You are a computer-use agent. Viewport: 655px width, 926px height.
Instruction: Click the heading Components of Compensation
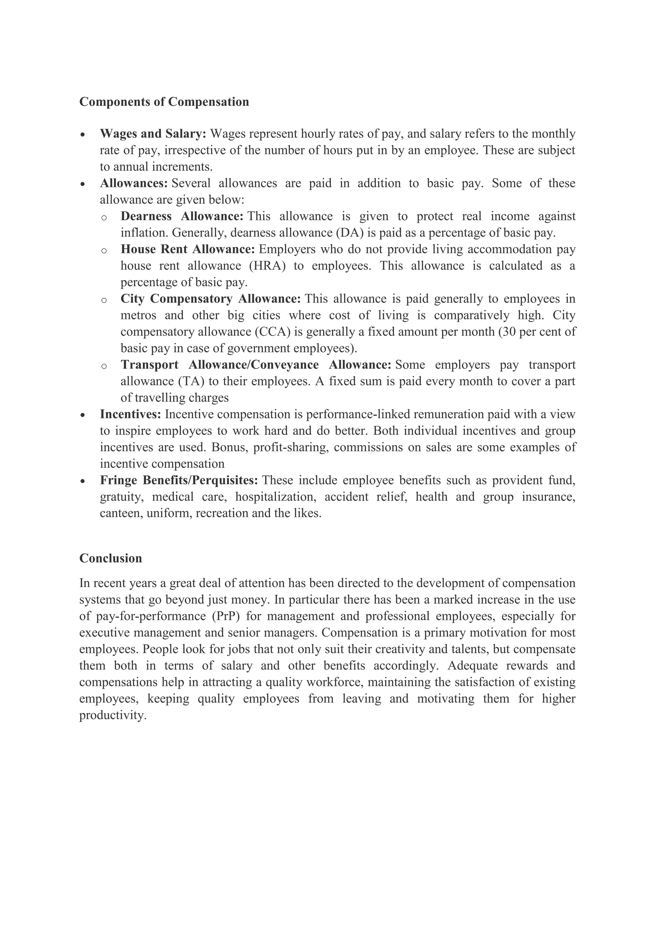164,102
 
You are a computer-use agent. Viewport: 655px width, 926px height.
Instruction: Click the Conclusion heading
111,558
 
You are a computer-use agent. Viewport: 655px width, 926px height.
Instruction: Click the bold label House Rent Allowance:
187,249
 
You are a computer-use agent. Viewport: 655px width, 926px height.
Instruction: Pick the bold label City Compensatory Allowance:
210,299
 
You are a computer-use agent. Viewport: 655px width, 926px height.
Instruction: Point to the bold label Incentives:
130,414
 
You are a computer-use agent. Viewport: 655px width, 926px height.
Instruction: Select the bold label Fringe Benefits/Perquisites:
179,480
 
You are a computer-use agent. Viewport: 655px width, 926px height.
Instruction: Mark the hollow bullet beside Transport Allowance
104,366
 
